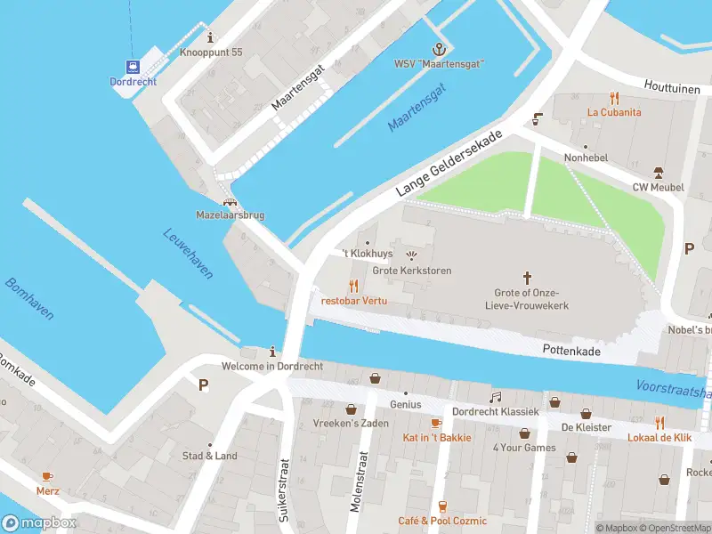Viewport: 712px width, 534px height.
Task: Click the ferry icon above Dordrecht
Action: pos(133,67)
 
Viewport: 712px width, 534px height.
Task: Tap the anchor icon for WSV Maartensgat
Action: pos(438,48)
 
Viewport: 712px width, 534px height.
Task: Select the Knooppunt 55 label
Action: pos(210,53)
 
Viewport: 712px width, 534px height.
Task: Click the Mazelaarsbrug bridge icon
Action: pos(230,202)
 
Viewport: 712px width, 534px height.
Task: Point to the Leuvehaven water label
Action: pos(188,254)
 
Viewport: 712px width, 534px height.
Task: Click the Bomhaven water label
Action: pos(28,299)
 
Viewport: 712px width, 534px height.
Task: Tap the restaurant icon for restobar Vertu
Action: pos(353,286)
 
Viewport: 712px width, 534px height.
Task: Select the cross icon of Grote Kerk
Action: pos(527,279)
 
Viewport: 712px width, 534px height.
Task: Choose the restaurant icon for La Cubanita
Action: pos(614,98)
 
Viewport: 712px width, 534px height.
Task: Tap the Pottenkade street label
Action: pos(571,352)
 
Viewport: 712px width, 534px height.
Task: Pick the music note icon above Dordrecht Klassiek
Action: pos(495,397)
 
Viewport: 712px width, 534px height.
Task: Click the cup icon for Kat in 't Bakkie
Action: pos(435,423)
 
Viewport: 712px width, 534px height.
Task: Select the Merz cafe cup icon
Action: pos(47,475)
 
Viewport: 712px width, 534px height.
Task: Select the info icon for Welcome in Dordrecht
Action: pos(272,352)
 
